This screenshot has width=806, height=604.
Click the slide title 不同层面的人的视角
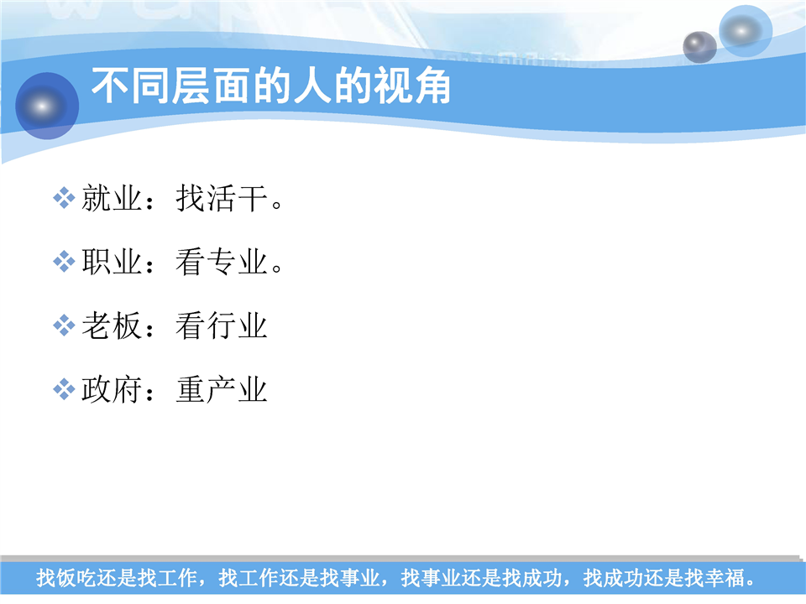pyautogui.click(x=271, y=86)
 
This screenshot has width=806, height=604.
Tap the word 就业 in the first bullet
pyautogui.click(x=112, y=198)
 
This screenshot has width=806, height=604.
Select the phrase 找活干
pyautogui.click(x=222, y=198)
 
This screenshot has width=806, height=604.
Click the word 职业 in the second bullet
pyautogui.click(x=112, y=262)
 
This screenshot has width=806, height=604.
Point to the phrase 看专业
pyautogui.click(x=222, y=262)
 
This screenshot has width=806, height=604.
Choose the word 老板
pyautogui.click(x=112, y=325)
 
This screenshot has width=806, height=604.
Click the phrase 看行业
pyautogui.click(x=222, y=325)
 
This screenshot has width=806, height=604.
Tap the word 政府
pyautogui.click(x=112, y=389)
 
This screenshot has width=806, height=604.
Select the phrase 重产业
pyautogui.click(x=222, y=389)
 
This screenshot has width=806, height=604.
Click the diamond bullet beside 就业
pyautogui.click(x=65, y=198)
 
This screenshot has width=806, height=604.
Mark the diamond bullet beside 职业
pyautogui.click(x=65, y=262)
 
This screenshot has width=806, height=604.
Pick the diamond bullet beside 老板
pyautogui.click(x=65, y=325)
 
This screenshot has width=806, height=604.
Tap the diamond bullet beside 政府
pyautogui.click(x=65, y=389)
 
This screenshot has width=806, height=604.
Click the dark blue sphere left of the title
pyautogui.click(x=47, y=106)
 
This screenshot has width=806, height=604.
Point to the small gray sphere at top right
pyautogui.click(x=699, y=47)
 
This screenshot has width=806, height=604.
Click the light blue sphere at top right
pyautogui.click(x=746, y=31)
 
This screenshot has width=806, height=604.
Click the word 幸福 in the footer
pyautogui.click(x=725, y=578)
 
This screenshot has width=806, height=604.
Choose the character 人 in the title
pyautogui.click(x=311, y=86)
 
